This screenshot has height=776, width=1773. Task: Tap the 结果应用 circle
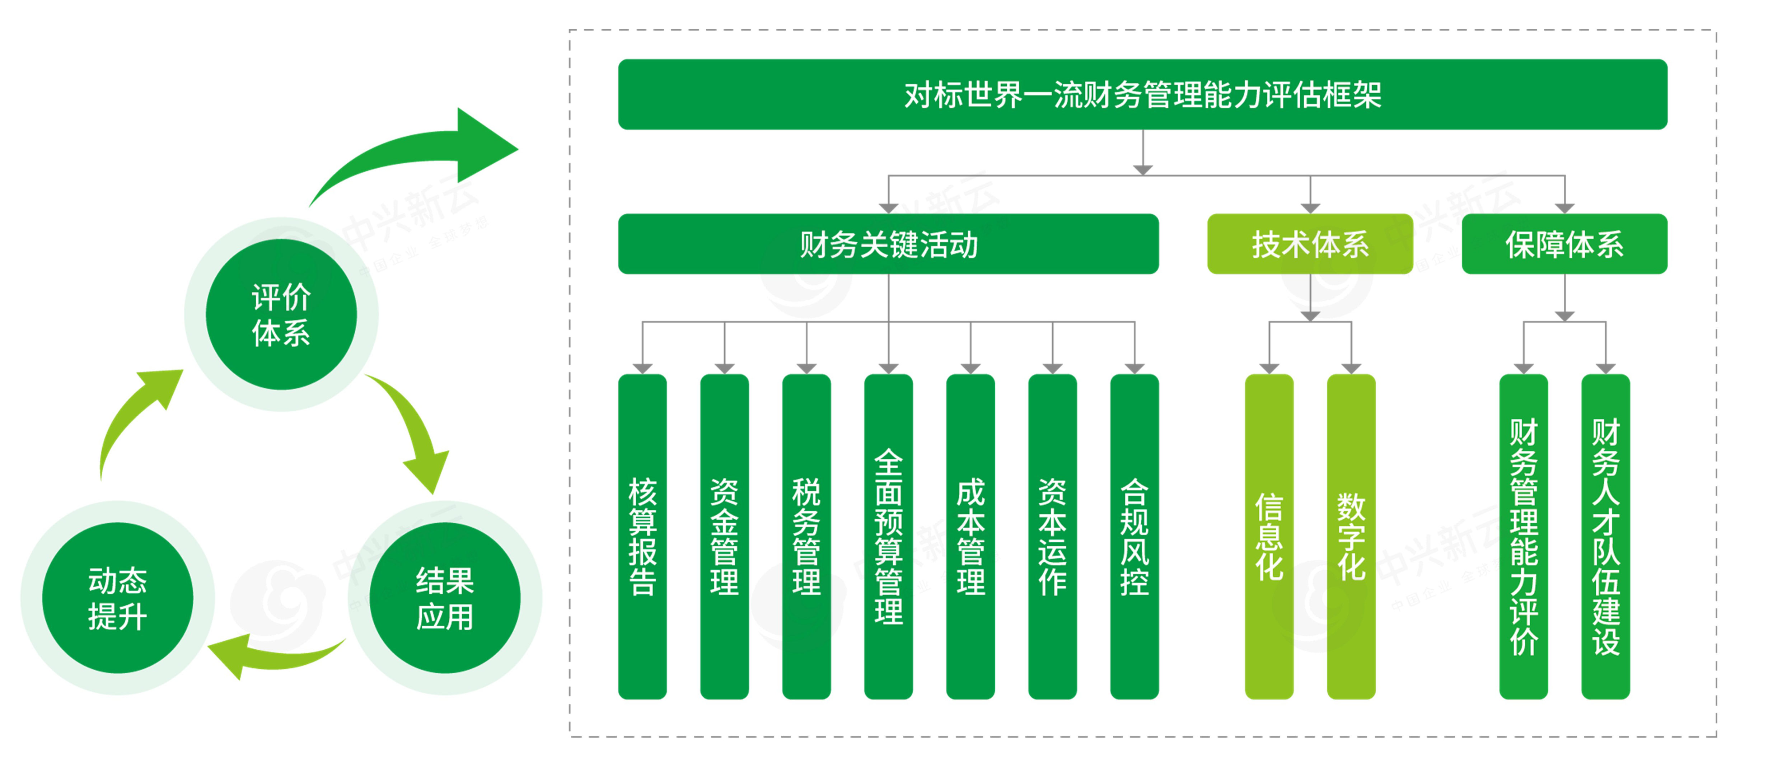[x=445, y=598]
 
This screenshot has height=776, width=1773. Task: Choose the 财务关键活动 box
[x=888, y=244]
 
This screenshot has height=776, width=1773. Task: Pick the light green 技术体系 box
[x=1310, y=244]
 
